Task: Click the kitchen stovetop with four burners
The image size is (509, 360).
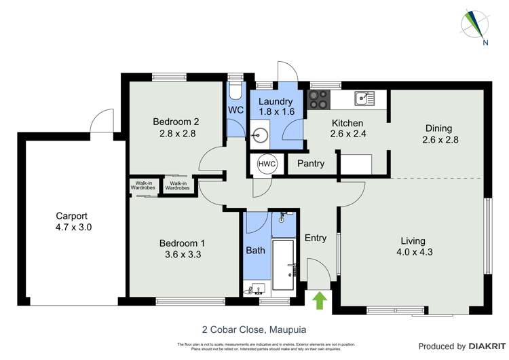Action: click(318, 99)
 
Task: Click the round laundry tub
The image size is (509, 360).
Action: click(259, 135)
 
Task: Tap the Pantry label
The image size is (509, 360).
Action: click(310, 164)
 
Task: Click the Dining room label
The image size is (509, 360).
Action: click(438, 128)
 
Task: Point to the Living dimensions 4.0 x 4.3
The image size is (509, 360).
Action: click(412, 253)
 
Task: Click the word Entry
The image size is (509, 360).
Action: click(316, 238)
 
